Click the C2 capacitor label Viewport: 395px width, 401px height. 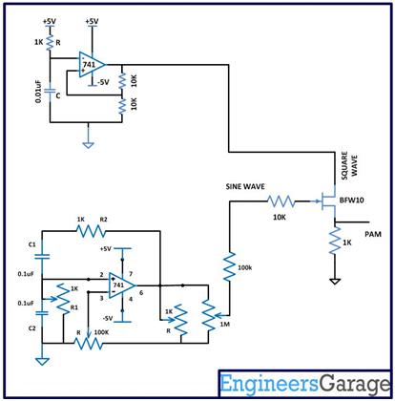coord(31,327)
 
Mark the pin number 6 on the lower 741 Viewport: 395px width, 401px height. coord(141,292)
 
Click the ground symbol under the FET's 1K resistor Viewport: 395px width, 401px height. coord(334,284)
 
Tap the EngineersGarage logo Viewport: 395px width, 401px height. coord(303,385)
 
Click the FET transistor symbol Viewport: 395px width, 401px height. coord(327,202)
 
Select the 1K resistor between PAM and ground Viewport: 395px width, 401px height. coord(334,245)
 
